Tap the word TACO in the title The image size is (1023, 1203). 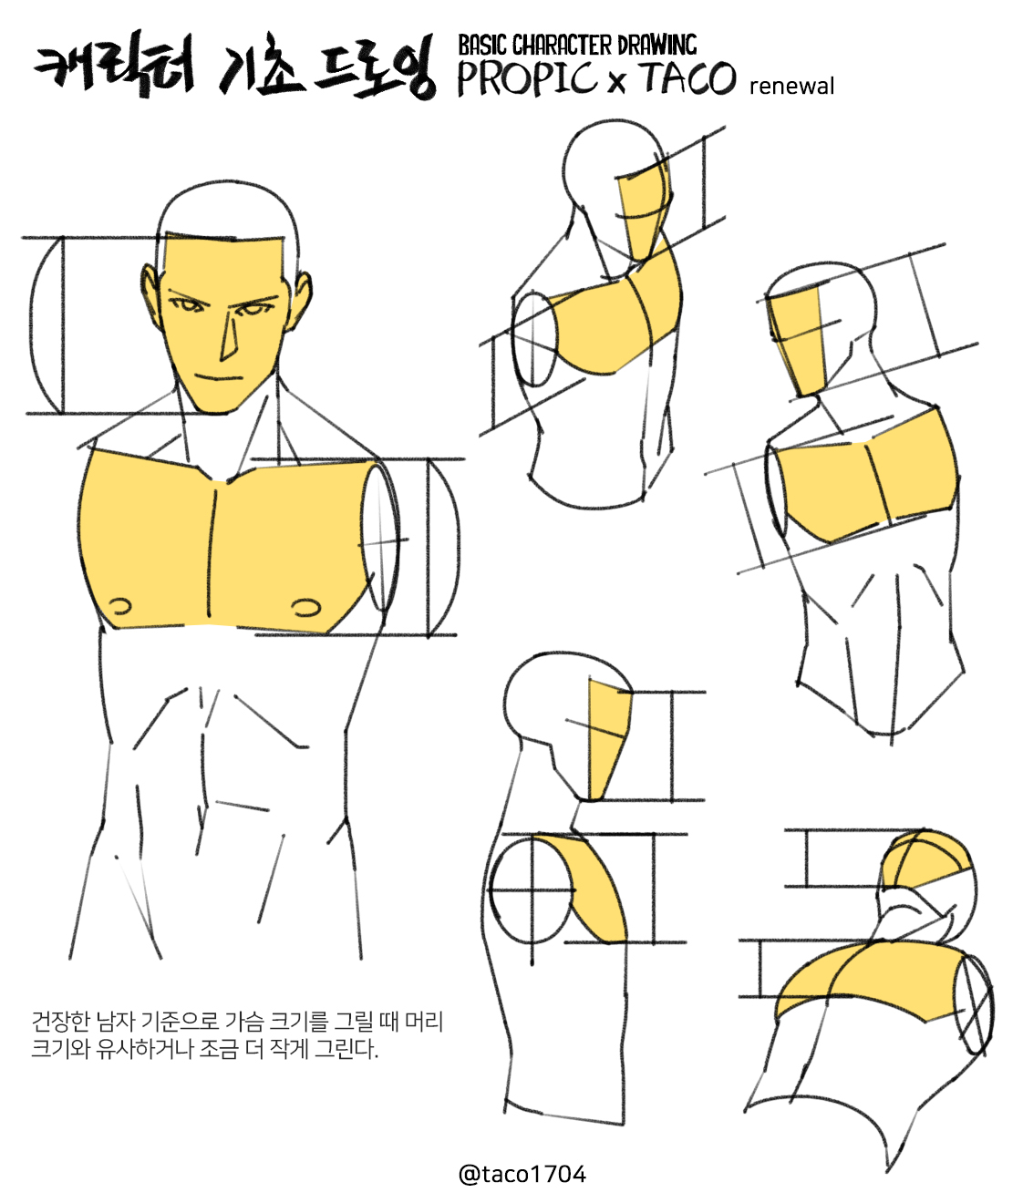pyautogui.click(x=688, y=77)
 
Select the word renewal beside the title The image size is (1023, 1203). pyautogui.click(x=791, y=87)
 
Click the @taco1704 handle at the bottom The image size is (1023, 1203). pyautogui.click(x=522, y=1174)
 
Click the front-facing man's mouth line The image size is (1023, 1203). pyautogui.click(x=218, y=376)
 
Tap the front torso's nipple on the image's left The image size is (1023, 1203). pyautogui.click(x=120, y=606)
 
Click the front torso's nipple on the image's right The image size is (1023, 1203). pyautogui.click(x=305, y=608)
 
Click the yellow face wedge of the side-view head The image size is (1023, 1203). pyautogui.click(x=608, y=741)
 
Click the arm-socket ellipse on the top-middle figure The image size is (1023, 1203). pyautogui.click(x=534, y=339)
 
